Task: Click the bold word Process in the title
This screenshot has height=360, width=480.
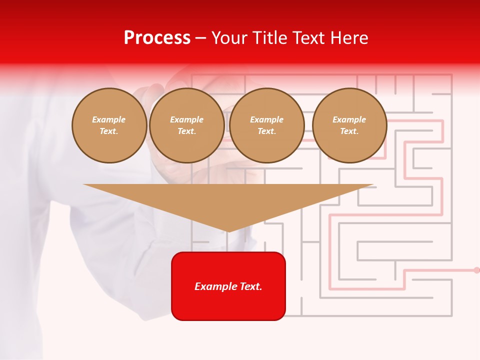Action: tap(157, 38)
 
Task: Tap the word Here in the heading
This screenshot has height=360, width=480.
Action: tap(350, 38)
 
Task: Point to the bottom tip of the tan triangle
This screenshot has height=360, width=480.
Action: tap(228, 231)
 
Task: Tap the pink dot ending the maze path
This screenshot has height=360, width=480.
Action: tap(476, 270)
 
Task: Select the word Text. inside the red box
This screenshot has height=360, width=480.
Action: tap(250, 286)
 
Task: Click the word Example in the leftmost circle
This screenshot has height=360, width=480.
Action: tap(109, 119)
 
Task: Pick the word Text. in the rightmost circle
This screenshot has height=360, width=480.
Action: tap(349, 131)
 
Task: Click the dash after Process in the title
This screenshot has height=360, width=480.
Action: tap(201, 38)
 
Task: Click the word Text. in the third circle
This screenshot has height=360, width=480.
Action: tap(266, 131)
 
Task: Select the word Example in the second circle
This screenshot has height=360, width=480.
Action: tap(186, 119)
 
